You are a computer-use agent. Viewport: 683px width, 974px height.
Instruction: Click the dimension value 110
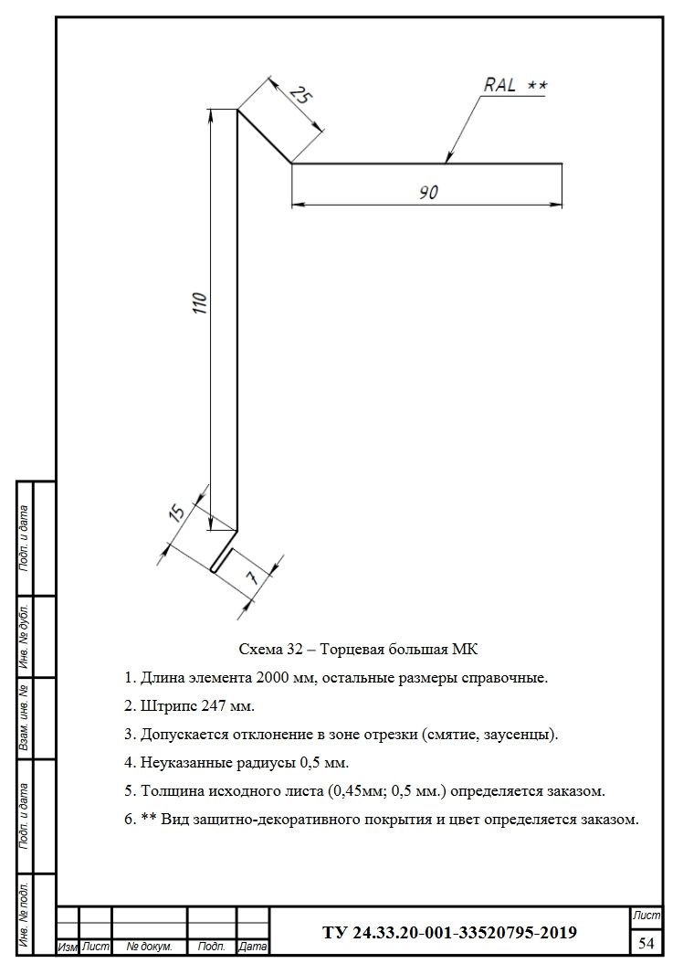(x=200, y=302)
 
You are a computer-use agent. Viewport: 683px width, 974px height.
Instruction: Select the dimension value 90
(x=428, y=192)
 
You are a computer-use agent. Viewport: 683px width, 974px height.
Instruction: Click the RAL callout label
(x=515, y=86)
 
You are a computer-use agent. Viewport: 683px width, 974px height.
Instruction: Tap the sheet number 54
(x=646, y=942)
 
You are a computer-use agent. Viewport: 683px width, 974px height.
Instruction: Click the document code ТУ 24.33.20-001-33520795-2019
(x=449, y=933)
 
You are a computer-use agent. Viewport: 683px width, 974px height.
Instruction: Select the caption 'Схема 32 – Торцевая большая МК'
(x=358, y=649)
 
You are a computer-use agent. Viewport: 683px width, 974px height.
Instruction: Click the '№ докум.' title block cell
(x=149, y=948)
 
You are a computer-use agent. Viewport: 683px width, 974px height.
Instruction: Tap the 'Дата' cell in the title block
(x=252, y=948)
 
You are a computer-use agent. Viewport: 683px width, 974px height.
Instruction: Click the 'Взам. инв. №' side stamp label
(x=25, y=717)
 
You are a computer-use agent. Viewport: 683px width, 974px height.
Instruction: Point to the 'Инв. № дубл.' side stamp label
(x=25, y=634)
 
